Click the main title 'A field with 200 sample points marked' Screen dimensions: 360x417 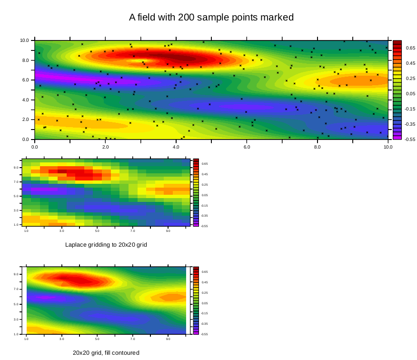[x=211, y=18]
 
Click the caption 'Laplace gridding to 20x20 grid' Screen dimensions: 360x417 [x=106, y=245]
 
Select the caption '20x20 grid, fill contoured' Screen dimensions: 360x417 [x=106, y=353]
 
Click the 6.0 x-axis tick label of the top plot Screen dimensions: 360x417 [x=247, y=147]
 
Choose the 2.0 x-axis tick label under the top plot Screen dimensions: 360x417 [x=105, y=147]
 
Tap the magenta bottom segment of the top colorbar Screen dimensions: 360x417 [x=397, y=137]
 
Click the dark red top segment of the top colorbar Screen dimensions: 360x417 [x=397, y=42]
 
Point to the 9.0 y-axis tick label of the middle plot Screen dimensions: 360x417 [x=16, y=168]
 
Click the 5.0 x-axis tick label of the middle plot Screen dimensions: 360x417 [x=97, y=231]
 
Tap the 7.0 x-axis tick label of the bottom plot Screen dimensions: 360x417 [x=133, y=339]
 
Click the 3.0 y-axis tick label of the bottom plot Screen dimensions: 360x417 [x=16, y=319]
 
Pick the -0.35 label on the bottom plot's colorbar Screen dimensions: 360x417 [x=204, y=324]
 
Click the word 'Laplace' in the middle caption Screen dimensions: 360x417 [x=75, y=245]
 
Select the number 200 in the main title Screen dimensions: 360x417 [x=186, y=18]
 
